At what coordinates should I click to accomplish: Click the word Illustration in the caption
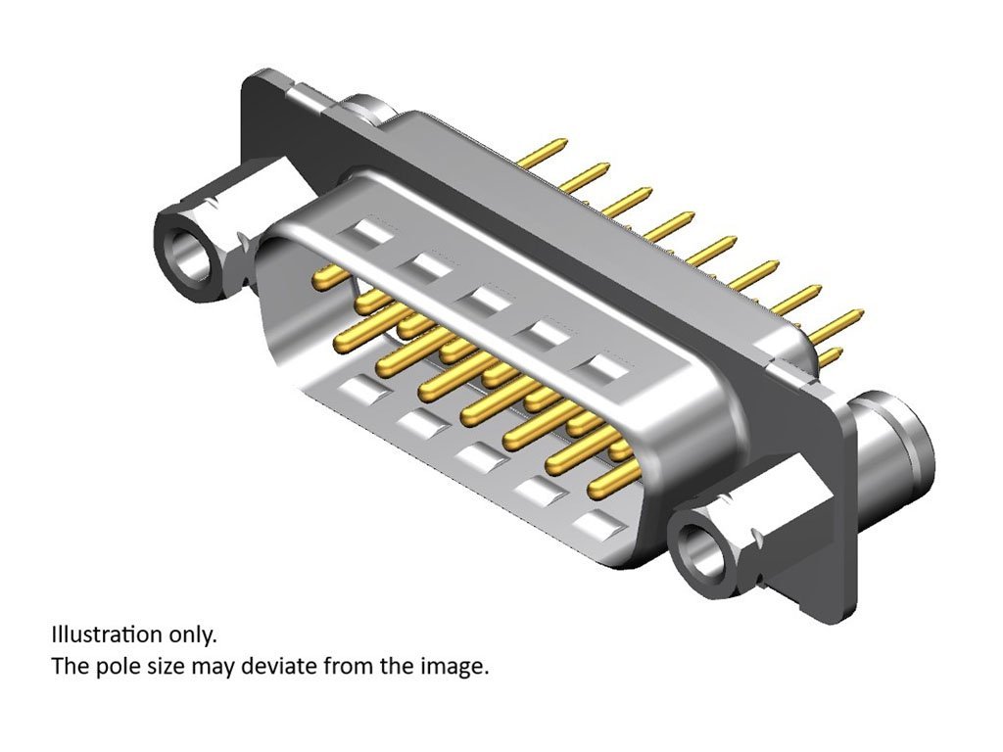(107, 634)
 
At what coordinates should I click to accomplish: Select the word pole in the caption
(123, 667)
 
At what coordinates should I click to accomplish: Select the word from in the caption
(349, 666)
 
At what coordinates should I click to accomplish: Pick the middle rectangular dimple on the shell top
(486, 300)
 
